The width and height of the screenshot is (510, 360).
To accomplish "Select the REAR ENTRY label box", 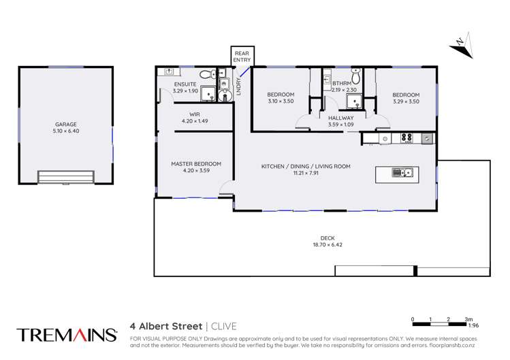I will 242,56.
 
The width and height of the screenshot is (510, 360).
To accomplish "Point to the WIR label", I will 195,114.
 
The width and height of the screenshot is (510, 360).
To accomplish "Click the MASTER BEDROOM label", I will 196,163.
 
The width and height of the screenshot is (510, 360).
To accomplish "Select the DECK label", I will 327,238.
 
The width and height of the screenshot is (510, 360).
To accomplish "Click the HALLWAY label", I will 340,118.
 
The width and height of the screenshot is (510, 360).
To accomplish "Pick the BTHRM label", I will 341,84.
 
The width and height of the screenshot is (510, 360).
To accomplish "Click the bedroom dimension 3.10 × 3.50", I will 281,101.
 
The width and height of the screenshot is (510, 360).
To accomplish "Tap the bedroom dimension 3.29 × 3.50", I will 406,101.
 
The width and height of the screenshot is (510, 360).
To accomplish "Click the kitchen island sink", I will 407,173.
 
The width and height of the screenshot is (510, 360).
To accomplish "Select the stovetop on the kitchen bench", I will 407,138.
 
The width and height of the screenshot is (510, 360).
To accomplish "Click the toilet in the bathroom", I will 355,76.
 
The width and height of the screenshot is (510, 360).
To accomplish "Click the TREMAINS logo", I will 65,334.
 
